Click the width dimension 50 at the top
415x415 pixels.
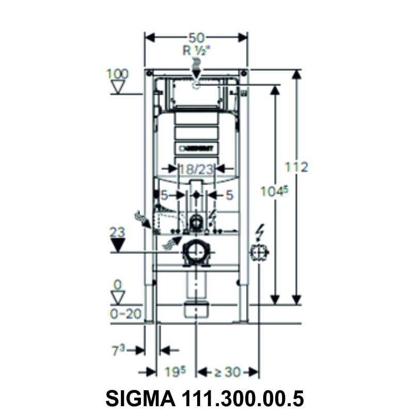196,38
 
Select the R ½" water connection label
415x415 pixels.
196,51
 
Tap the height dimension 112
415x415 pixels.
297,167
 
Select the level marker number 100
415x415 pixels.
117,73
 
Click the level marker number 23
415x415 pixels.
118,232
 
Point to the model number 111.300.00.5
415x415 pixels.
243,398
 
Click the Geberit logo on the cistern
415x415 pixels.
196,149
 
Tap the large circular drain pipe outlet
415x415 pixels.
196,252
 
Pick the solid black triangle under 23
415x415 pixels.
119,245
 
